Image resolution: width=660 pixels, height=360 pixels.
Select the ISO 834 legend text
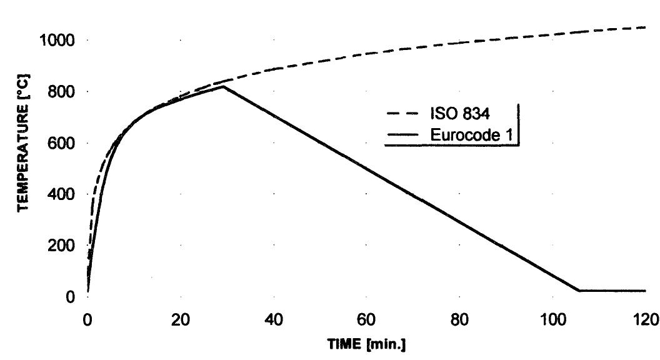(x=457, y=114)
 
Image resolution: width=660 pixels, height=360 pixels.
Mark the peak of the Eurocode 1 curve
(x=222, y=86)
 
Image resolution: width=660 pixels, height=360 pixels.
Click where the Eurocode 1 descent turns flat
(x=579, y=291)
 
